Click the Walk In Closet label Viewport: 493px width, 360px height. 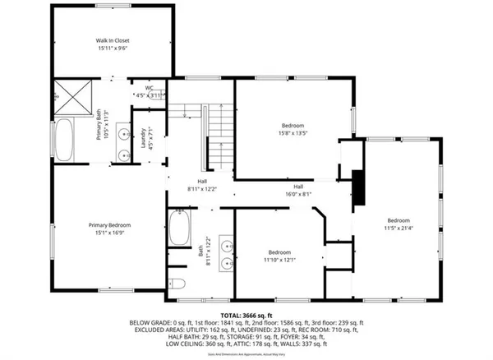point(113,44)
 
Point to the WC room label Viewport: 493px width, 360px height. point(150,92)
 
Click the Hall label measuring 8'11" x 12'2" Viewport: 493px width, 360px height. point(201,186)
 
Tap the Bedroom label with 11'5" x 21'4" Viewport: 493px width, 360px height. point(399,224)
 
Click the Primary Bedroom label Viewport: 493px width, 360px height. point(110,228)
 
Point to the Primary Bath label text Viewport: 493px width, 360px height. point(100,125)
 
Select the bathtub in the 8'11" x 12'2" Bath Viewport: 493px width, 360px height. point(180,228)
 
